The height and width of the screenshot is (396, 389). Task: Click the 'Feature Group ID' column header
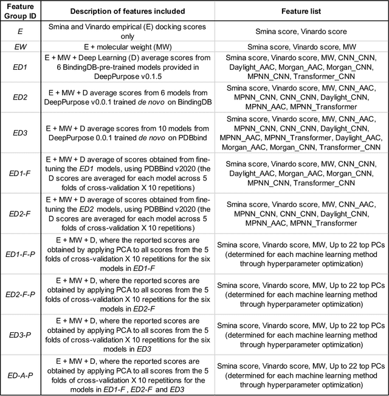pyautogui.click(x=21, y=11)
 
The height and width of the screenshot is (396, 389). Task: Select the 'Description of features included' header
pyautogui.click(x=139, y=11)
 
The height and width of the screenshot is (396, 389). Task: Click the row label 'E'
pyautogui.click(x=21, y=31)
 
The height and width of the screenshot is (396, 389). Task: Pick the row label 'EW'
pyautogui.click(x=21, y=46)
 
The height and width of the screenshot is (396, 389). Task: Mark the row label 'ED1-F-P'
pyautogui.click(x=21, y=252)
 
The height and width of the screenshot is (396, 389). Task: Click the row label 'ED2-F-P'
pyautogui.click(x=21, y=292)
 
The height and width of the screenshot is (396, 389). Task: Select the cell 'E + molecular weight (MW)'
pyautogui.click(x=139, y=46)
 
